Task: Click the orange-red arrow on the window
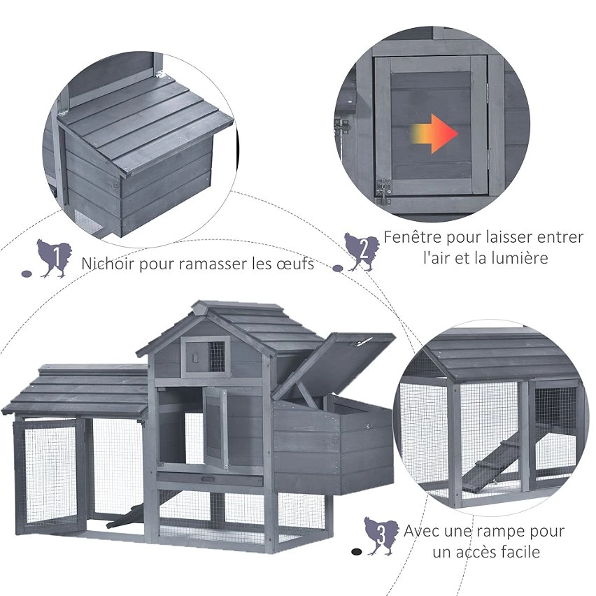(x=435, y=134)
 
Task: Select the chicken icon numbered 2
(x=362, y=252)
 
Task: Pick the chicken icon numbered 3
(x=381, y=536)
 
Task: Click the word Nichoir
(x=108, y=264)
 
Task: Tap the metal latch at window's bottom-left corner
(x=383, y=192)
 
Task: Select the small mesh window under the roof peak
(x=216, y=356)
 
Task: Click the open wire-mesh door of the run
(x=50, y=475)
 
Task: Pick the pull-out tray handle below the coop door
(x=208, y=480)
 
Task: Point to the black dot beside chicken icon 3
(x=356, y=551)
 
